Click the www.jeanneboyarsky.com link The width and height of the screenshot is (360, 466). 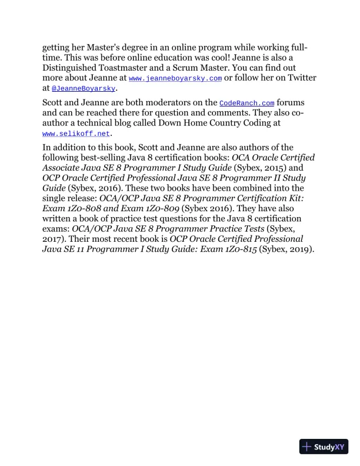coord(175,78)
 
